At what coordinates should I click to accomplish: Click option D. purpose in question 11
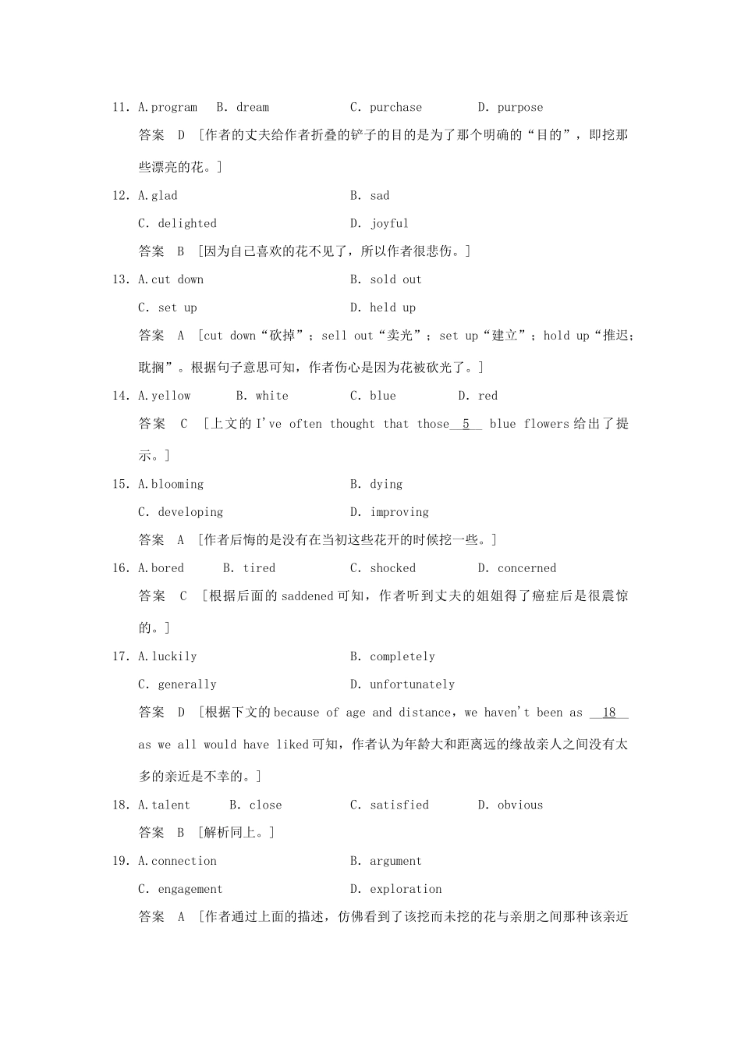point(510,108)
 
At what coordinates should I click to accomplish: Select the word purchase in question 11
point(395,108)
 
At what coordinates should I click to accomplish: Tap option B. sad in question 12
point(370,196)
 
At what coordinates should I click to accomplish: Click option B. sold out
point(386,279)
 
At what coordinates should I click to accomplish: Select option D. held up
point(383,308)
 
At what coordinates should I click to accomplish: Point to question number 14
point(120,396)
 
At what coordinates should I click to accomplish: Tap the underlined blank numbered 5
point(466,424)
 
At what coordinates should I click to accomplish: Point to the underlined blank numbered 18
point(609,713)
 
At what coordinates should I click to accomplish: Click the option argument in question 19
point(395,861)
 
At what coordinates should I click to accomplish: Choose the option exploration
point(406,889)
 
